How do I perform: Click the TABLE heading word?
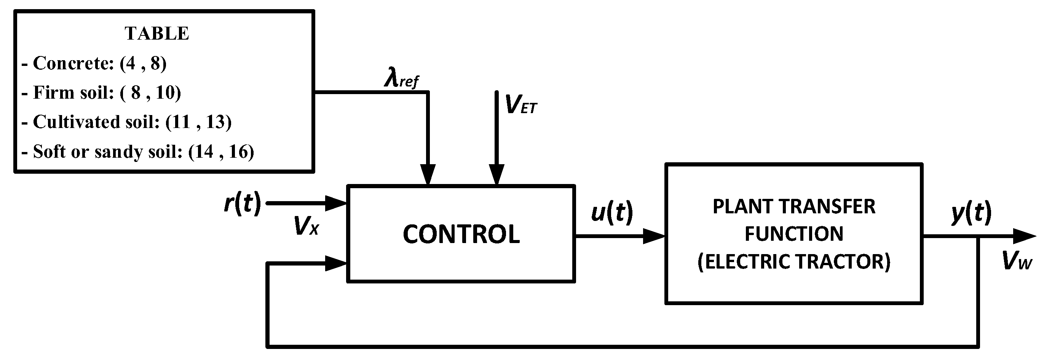pos(157,33)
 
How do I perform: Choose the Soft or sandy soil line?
pos(138,152)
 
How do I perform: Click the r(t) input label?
pos(243,203)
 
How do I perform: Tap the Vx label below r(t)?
pos(306,226)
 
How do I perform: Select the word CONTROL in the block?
pos(461,234)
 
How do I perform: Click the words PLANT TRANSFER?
pos(793,207)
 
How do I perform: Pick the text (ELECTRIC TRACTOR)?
pos(793,261)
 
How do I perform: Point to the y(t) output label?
pos(971,212)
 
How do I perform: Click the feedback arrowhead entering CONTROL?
pos(335,263)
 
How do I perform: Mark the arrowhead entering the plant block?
pos(653,236)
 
